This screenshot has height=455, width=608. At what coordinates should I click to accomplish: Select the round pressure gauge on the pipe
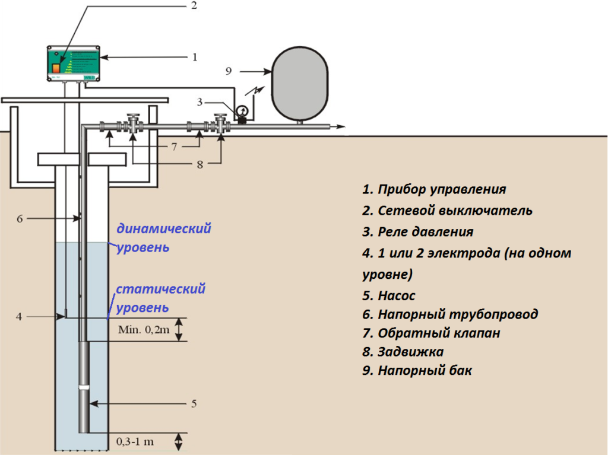coord(242,110)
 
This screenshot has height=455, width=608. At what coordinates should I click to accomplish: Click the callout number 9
coord(229,71)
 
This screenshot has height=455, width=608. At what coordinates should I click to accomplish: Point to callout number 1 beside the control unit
coord(194,58)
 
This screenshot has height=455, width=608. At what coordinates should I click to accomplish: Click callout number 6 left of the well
coord(20,218)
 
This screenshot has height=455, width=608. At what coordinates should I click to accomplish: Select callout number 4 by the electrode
coord(19,317)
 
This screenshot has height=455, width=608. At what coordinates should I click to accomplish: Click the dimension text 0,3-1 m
coord(136,442)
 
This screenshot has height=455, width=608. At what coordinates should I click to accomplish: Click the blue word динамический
coord(164,228)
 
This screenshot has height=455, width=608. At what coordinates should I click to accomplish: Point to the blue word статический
coord(160,289)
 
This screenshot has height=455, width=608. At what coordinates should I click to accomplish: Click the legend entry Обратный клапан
coord(431,333)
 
